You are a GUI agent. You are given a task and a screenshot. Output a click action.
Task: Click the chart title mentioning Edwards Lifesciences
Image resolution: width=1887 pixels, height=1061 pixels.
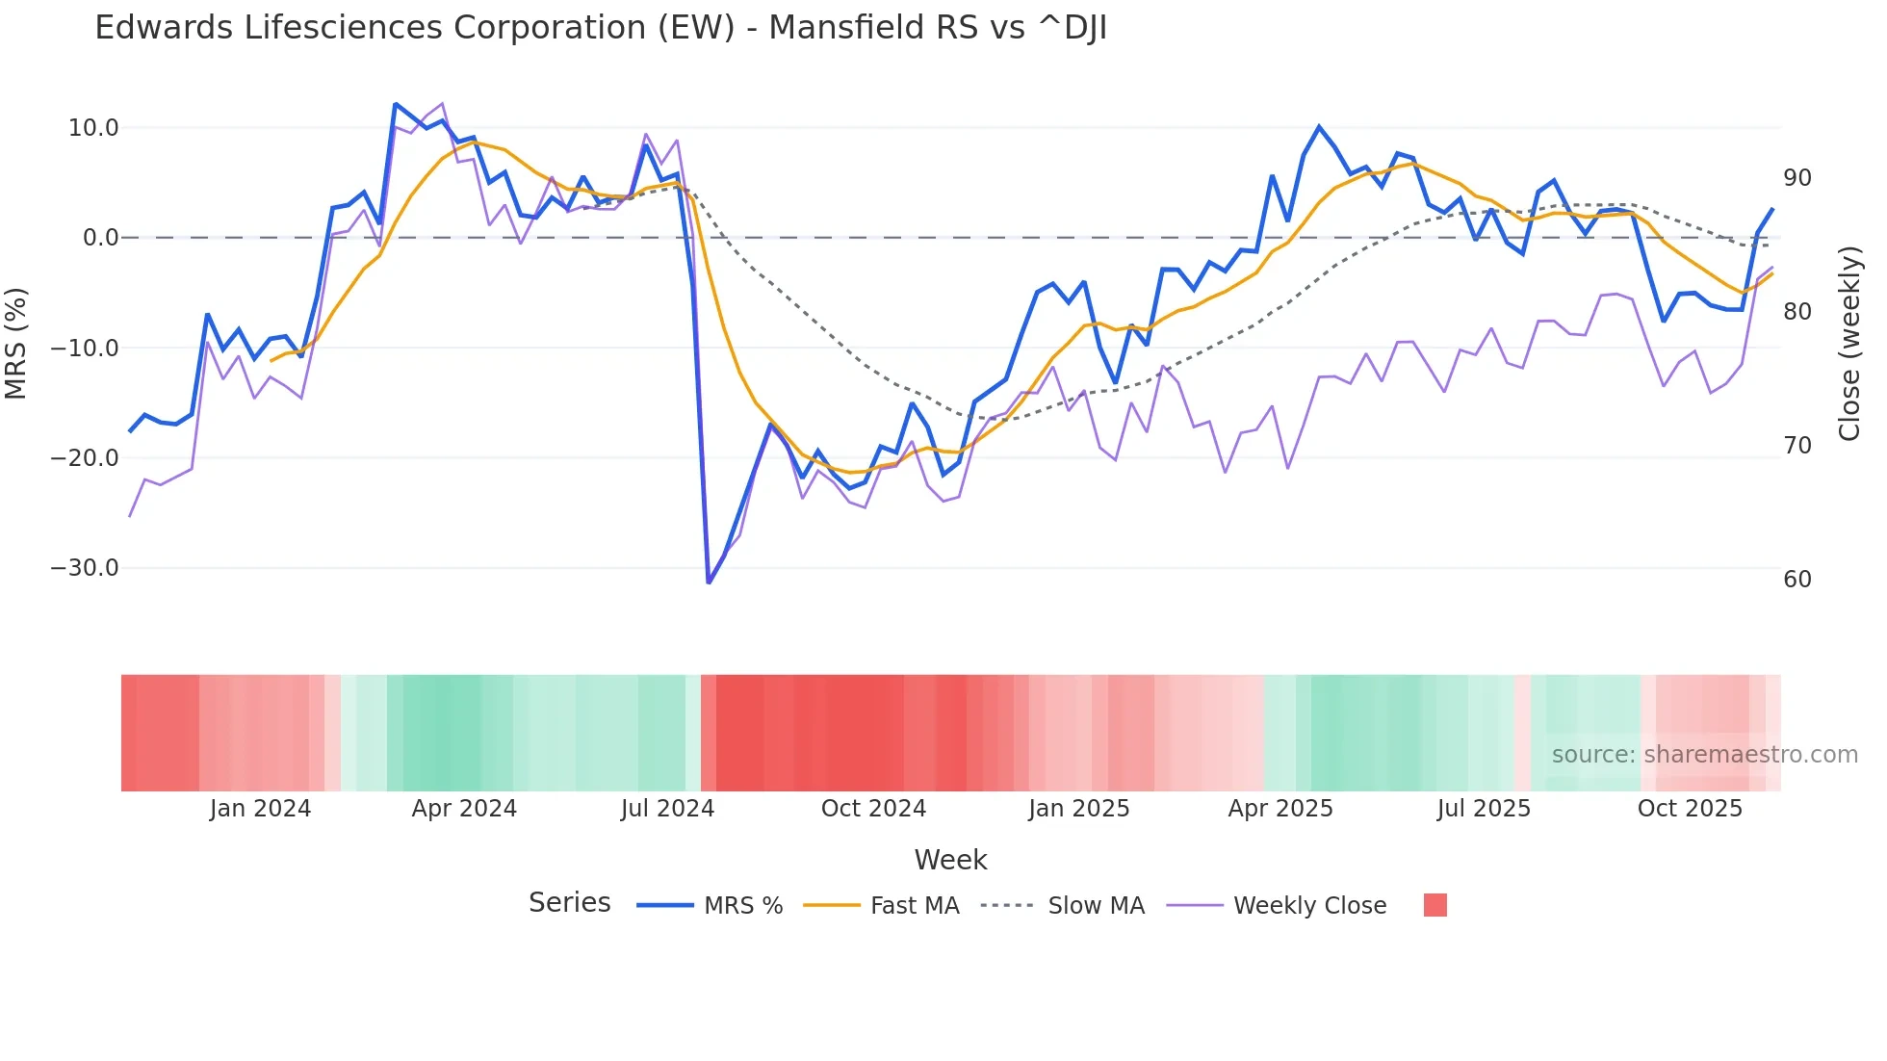pos(601,28)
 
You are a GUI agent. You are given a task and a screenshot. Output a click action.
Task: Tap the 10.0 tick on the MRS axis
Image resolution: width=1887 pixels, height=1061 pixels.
pos(93,128)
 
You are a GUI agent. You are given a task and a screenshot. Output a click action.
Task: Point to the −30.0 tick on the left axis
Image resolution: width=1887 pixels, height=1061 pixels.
pos(86,568)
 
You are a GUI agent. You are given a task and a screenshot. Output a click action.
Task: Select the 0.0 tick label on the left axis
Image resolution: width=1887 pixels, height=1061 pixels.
pos(100,238)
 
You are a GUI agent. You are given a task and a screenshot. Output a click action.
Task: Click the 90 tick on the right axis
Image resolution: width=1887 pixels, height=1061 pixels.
pos(1797,178)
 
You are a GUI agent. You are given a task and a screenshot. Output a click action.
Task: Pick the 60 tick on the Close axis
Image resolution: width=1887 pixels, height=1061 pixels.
pos(1797,580)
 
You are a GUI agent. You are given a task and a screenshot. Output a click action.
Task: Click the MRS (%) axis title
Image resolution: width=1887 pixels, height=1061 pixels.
pos(16,343)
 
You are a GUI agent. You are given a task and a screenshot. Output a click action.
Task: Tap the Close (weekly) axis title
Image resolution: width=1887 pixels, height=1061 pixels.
pos(1848,344)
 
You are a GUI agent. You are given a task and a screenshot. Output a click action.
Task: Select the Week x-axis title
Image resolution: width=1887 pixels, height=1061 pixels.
pos(950,860)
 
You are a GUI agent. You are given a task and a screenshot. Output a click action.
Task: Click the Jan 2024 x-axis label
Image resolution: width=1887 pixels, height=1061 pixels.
pos(260,809)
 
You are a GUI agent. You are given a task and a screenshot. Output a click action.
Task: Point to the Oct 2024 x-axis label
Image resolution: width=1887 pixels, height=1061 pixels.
pos(873,809)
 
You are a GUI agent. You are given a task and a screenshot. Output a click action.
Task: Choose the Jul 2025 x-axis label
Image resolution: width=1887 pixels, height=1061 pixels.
pos(1484,809)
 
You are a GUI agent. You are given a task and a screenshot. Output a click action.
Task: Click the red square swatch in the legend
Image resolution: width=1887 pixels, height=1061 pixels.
pos(1435,905)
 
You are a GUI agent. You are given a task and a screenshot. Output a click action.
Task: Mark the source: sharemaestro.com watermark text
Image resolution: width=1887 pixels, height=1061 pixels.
pos(1704,755)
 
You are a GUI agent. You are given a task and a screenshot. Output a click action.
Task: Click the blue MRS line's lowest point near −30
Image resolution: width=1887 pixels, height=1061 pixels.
pos(709,582)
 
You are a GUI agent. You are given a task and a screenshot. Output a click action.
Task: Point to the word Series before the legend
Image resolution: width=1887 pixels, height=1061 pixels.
pos(569,903)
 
